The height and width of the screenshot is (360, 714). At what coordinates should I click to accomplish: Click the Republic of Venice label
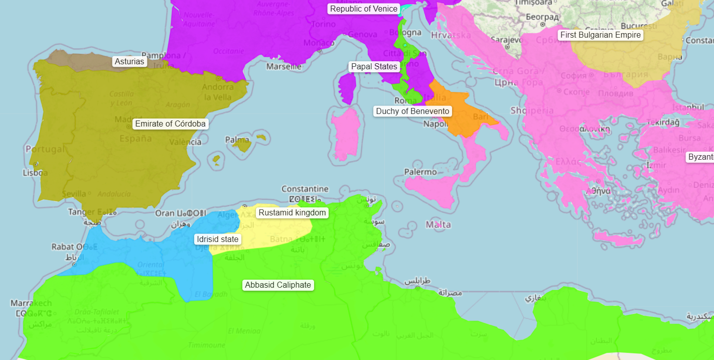[x=364, y=9]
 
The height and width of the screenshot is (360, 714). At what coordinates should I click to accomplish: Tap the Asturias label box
[x=129, y=62]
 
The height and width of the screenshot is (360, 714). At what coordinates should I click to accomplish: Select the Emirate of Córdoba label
[x=171, y=124]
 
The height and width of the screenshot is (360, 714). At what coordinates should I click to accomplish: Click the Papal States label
[x=374, y=67]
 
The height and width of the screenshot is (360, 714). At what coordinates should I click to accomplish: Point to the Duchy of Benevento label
[x=412, y=111]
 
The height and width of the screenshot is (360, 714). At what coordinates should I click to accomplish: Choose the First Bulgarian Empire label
[x=600, y=35]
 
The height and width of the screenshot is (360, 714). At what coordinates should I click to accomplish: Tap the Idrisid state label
[x=217, y=239]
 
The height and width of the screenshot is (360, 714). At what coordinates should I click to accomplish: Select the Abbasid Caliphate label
[x=278, y=285]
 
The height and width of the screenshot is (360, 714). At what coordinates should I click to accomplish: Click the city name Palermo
[x=420, y=172]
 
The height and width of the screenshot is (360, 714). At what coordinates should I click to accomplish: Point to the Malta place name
[x=438, y=224]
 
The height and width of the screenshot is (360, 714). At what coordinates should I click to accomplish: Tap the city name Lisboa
[x=35, y=173]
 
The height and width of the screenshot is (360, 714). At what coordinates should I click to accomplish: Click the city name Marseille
[x=284, y=66]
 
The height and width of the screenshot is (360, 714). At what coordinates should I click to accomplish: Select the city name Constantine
[x=305, y=189]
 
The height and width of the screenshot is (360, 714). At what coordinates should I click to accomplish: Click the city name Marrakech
[x=31, y=303]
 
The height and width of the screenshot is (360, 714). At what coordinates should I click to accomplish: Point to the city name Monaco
[x=319, y=43]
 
